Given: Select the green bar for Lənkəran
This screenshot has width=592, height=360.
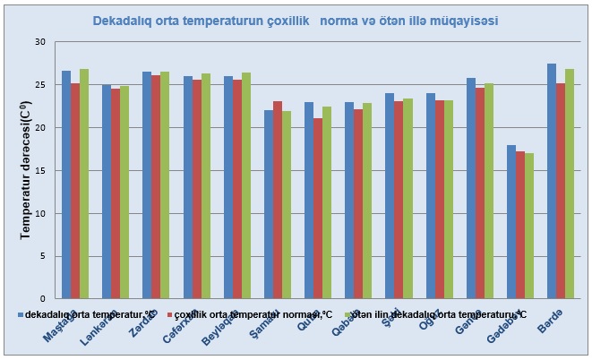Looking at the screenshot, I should [124, 193].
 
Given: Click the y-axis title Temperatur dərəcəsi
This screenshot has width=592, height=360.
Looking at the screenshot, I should [26, 170].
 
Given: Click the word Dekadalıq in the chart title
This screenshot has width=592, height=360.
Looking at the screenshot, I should [124, 19].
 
